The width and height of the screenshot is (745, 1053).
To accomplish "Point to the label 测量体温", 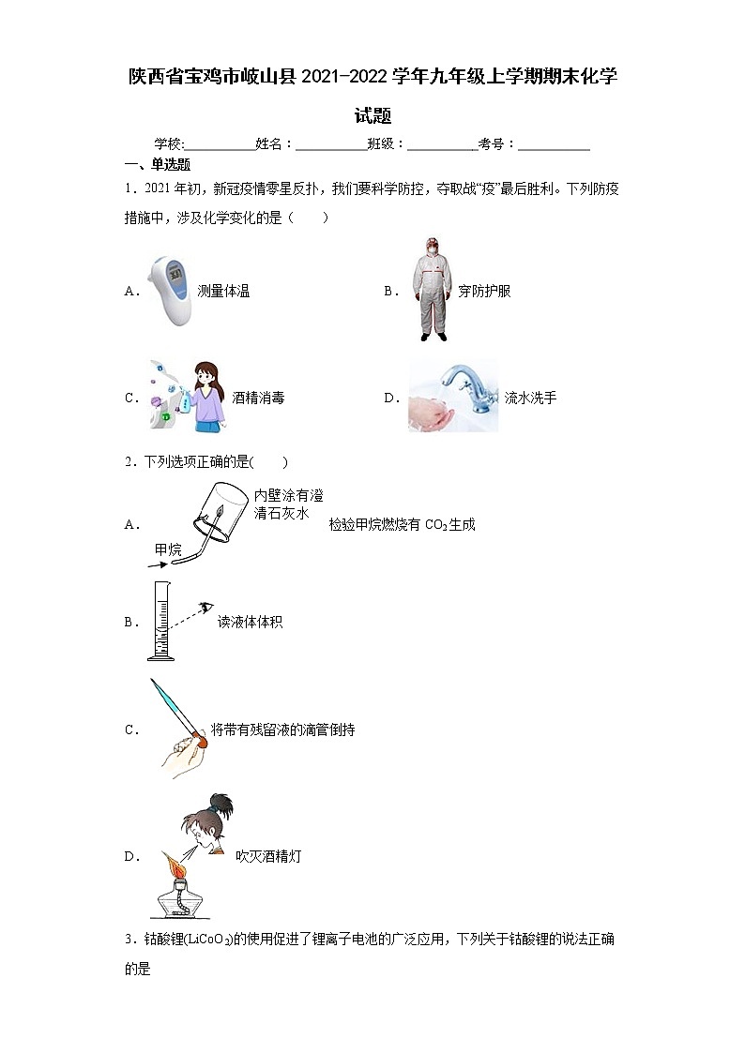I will pyautogui.click(x=223, y=292).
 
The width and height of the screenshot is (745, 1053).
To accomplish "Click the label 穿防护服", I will pyautogui.click(x=484, y=292).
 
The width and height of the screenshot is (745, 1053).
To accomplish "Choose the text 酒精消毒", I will pyautogui.click(x=258, y=398).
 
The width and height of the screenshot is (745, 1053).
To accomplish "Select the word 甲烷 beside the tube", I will pyautogui.click(x=169, y=549).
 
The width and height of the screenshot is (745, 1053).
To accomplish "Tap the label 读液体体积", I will pyautogui.click(x=250, y=622).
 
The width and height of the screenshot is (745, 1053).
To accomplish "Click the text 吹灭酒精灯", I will pyautogui.click(x=268, y=856).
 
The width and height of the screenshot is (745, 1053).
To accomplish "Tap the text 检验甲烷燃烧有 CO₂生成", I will pyautogui.click(x=402, y=525).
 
